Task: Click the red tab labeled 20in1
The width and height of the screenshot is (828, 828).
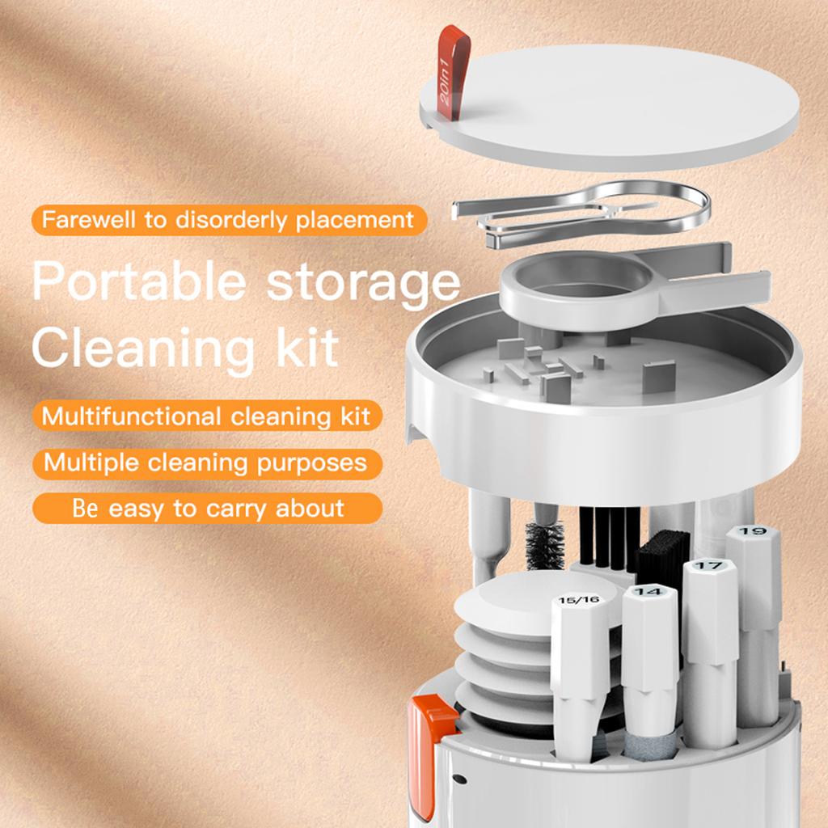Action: tap(454, 73)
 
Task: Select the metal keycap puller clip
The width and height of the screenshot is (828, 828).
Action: tap(582, 212)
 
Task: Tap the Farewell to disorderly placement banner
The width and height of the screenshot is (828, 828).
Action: tap(228, 219)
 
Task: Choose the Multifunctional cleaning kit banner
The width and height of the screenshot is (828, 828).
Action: tap(207, 417)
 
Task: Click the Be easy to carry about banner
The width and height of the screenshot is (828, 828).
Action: tap(207, 509)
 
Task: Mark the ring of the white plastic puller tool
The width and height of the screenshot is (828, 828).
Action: tap(576, 289)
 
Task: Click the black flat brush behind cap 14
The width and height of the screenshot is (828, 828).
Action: tap(663, 558)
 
